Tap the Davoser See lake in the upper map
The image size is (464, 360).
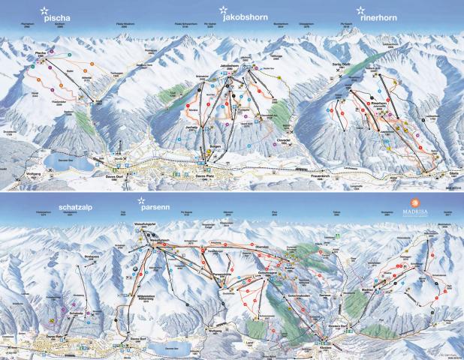[x=60, y=160]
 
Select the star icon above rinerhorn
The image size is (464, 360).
[x=362, y=10]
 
